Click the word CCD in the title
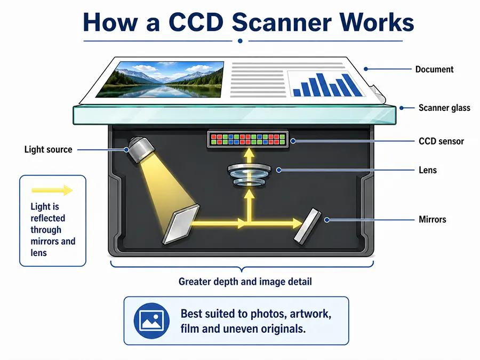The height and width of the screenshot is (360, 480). (x=196, y=22)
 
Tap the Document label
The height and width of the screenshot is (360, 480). (x=434, y=69)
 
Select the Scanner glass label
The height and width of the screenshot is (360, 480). (x=444, y=108)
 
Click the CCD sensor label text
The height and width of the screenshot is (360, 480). (x=441, y=141)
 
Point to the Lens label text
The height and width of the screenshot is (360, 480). (x=428, y=170)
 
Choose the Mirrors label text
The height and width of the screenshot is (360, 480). (x=432, y=219)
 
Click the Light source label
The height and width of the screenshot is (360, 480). (x=49, y=149)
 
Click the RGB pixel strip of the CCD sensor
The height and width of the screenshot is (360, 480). (x=247, y=139)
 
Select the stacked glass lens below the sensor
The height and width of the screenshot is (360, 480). (x=249, y=175)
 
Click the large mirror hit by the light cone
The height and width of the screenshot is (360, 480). (x=181, y=224)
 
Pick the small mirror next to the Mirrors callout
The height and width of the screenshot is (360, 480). (x=308, y=226)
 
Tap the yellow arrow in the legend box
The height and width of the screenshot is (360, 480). (x=52, y=190)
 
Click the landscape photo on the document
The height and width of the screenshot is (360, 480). (x=160, y=79)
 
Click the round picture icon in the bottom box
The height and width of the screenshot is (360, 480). (x=151, y=321)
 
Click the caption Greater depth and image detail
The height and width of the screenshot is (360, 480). (x=245, y=282)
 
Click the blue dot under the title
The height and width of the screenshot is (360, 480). (x=241, y=41)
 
